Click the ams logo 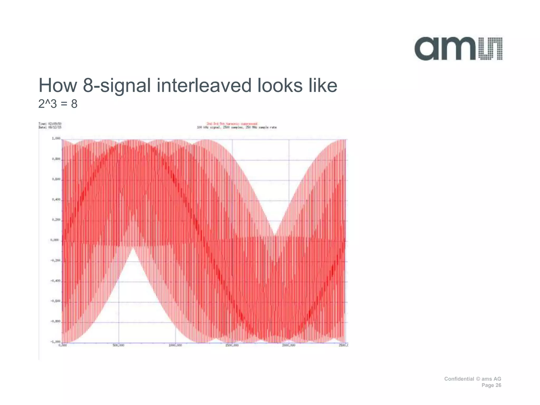pyautogui.click(x=458, y=49)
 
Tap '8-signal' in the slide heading pyautogui.click(x=117, y=86)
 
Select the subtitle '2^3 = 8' pyautogui.click(x=58, y=104)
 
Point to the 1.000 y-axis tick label pyautogui.click(x=56, y=138)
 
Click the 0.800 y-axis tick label pyautogui.click(x=56, y=159)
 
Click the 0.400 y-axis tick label pyautogui.click(x=56, y=200)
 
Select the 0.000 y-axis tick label pyautogui.click(x=55, y=240)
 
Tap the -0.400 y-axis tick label pyautogui.click(x=55, y=281)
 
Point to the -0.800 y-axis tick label pyautogui.click(x=55, y=322)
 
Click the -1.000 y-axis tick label pyautogui.click(x=55, y=342)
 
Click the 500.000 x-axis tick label pyautogui.click(x=118, y=345)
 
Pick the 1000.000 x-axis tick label pyautogui.click(x=175, y=345)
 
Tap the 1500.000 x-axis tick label pyautogui.click(x=232, y=345)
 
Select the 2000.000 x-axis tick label pyautogui.click(x=288, y=345)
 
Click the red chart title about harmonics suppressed pyautogui.click(x=232, y=124)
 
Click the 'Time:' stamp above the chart pyautogui.click(x=50, y=124)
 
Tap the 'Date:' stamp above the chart pyautogui.click(x=50, y=127)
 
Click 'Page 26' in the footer pyautogui.click(x=491, y=385)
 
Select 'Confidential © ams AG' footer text pyautogui.click(x=472, y=379)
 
